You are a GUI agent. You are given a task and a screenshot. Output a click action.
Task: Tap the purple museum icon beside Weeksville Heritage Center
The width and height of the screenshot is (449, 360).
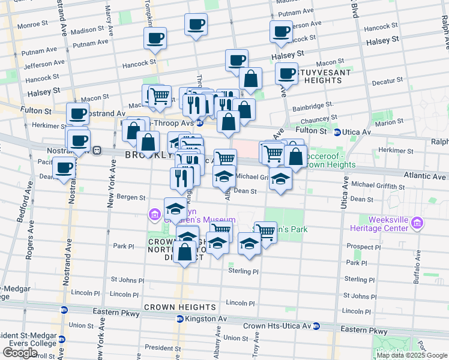coord(418,224)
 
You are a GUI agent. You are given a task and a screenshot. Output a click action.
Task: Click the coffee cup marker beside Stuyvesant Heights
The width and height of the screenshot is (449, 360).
coord(287,74)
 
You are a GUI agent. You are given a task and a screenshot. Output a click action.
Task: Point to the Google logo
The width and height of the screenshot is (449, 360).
coord(20,353)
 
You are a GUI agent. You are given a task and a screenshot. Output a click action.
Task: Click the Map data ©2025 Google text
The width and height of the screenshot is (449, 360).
coord(412,355)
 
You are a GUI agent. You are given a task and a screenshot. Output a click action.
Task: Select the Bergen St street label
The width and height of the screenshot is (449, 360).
coord(134,197)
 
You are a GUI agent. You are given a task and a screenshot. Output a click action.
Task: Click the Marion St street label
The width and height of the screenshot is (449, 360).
coord(391,122)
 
